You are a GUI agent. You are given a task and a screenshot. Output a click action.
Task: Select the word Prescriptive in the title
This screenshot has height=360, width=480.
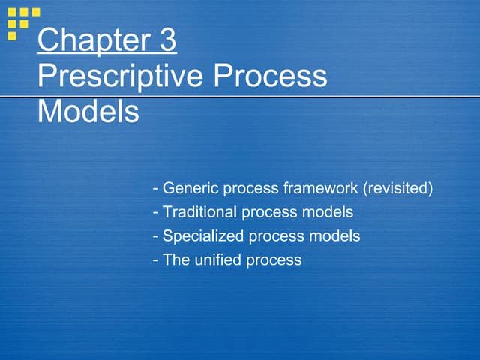coord(119,76)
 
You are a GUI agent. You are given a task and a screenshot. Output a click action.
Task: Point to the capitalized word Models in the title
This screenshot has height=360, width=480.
coord(88,112)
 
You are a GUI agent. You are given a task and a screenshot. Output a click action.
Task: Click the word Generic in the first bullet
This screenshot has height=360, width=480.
coord(188,188)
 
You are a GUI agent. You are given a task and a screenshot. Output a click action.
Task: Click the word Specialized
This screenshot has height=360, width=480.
coord(202,236)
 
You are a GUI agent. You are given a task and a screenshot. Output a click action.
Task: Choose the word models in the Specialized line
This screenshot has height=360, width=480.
coord(334,236)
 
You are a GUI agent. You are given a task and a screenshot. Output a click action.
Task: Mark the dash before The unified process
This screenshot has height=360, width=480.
coord(155,261)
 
